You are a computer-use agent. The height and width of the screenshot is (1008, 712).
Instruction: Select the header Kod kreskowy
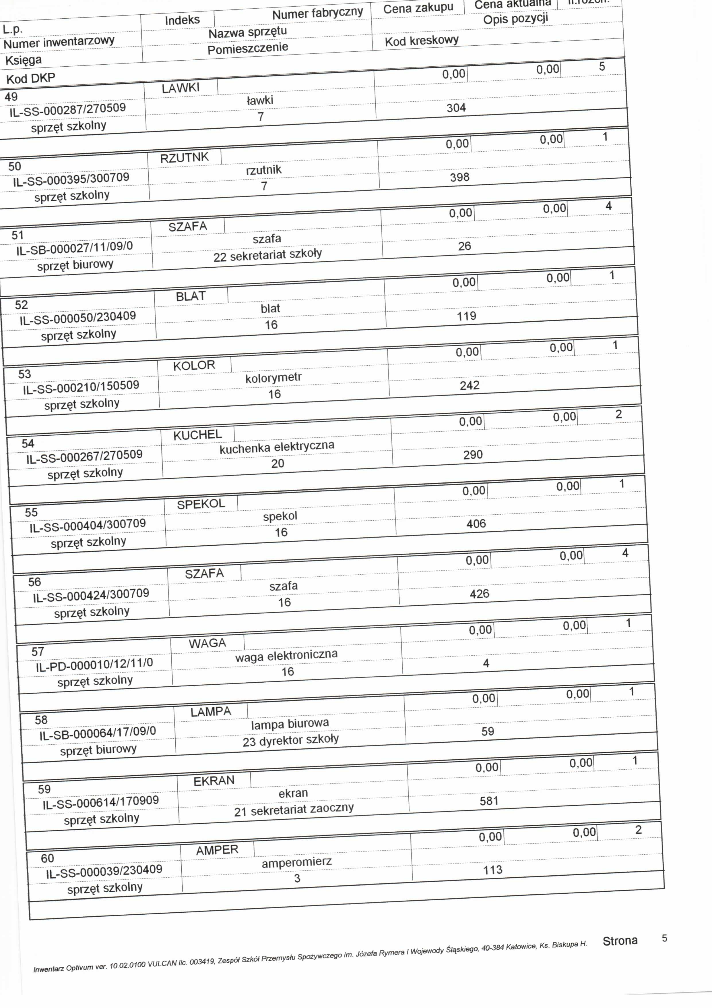point(422,41)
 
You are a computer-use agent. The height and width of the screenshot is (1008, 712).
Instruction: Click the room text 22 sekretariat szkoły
point(267,255)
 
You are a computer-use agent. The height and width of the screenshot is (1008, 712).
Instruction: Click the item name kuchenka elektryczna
point(277,447)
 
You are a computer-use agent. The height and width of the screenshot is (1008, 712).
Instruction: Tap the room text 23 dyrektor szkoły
point(290,740)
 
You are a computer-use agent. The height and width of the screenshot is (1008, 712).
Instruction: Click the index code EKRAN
point(214,781)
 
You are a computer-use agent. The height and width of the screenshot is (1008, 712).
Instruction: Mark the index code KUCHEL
point(197,435)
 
